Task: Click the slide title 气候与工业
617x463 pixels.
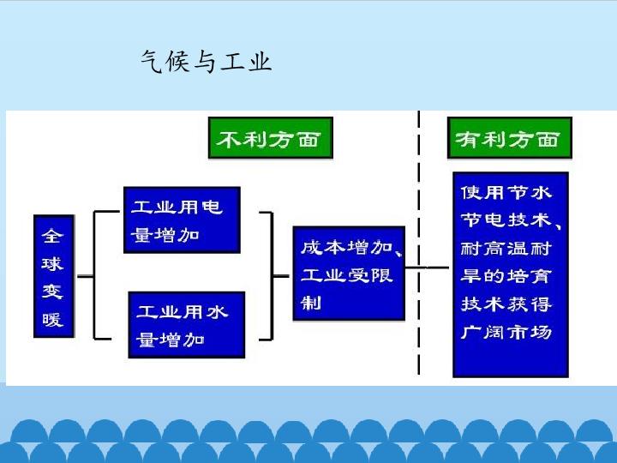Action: tap(206, 61)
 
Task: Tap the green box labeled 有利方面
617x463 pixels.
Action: tap(509, 139)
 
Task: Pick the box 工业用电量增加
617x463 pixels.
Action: tap(181, 219)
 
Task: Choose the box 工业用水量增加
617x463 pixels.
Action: tap(186, 324)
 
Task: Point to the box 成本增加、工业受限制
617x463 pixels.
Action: tap(348, 274)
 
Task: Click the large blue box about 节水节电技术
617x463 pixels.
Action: tap(511, 274)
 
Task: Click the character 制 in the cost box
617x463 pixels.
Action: tap(310, 302)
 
